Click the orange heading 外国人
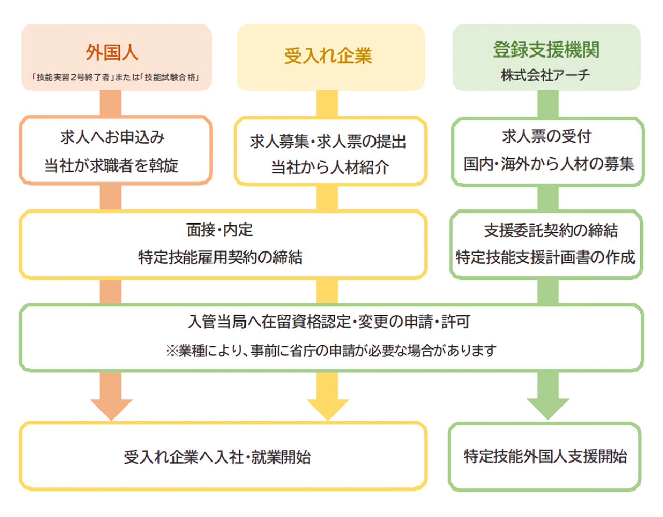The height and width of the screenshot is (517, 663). click(x=112, y=52)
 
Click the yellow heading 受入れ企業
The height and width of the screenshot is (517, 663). click(x=328, y=56)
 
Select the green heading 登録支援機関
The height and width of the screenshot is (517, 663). click(x=546, y=50)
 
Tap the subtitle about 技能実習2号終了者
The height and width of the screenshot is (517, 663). click(x=116, y=78)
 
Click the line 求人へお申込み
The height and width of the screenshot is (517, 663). click(x=112, y=137)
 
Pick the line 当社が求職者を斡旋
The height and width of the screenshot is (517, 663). click(x=111, y=166)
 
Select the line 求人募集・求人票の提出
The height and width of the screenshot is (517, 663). click(x=328, y=142)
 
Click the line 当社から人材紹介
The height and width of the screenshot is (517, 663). click(x=330, y=167)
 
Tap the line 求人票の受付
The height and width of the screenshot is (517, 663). click(x=546, y=136)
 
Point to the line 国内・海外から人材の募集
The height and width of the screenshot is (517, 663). click(x=549, y=164)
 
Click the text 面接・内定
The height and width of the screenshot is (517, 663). click(x=220, y=230)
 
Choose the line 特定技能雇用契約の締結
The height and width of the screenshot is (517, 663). click(x=221, y=257)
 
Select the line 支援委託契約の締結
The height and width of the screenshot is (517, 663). click(x=551, y=231)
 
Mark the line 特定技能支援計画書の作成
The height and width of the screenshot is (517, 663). click(x=545, y=257)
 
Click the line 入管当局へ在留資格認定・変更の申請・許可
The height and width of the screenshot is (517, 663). click(x=328, y=322)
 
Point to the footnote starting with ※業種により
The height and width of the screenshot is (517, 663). click(x=331, y=351)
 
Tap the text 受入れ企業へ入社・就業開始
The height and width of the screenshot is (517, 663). click(x=218, y=457)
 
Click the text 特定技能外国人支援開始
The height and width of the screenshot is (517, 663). click(x=545, y=456)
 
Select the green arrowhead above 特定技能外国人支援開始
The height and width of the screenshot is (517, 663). click(x=547, y=407)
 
